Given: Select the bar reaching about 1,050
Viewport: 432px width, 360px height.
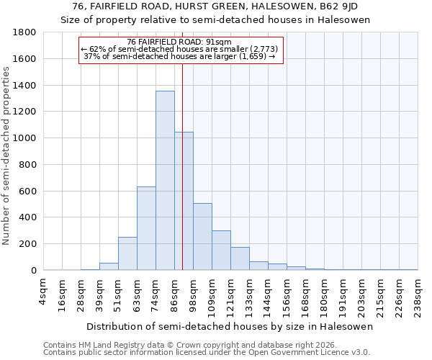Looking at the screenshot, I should click(184, 201).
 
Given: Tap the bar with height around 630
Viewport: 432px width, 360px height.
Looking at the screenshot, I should click(146, 228).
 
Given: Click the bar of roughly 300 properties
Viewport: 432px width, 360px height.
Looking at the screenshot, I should click(221, 250).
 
